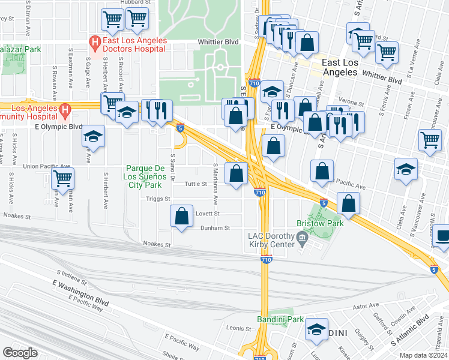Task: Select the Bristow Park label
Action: click(326, 223)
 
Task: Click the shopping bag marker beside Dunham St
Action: click(181, 216)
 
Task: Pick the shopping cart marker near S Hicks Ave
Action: click(62, 179)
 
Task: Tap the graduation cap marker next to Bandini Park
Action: click(316, 329)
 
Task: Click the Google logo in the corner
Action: click(20, 352)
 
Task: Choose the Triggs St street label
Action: click(158, 198)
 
